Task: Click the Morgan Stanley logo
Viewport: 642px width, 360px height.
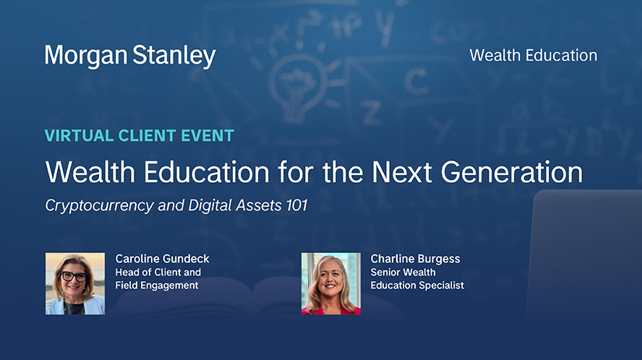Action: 130,56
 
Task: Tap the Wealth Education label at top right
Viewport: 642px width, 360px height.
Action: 533,55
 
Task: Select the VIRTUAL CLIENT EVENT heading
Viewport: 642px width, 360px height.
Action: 140,136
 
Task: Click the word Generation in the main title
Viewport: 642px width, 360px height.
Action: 511,171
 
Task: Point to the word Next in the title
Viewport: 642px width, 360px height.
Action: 401,171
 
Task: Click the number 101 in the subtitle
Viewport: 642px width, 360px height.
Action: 296,205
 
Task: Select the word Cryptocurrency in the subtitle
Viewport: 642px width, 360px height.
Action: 99,206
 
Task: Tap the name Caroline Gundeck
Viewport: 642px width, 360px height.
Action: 162,258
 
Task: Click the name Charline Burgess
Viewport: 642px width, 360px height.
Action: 415,259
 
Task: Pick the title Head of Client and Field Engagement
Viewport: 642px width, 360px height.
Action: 158,278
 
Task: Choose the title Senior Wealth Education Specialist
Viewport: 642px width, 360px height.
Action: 417,278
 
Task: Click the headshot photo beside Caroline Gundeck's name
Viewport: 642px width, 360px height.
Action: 75,283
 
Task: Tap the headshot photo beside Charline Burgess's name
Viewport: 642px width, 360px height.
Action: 331,283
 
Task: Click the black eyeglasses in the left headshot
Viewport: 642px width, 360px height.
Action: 74,277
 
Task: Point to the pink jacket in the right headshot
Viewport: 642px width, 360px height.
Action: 331,310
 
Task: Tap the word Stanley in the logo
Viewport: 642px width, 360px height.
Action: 174,56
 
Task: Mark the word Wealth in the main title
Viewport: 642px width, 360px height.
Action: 90,171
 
